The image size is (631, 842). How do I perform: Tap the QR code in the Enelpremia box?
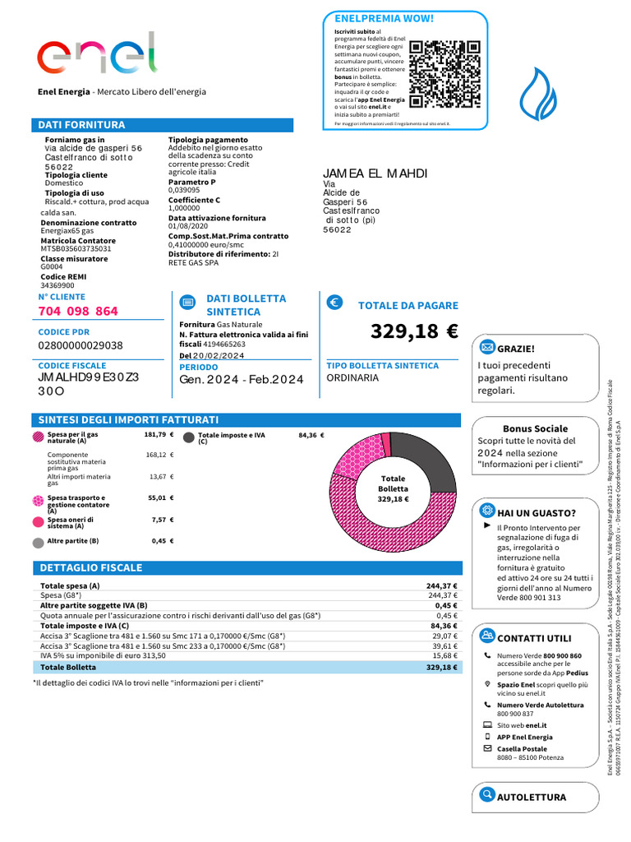pos(444,75)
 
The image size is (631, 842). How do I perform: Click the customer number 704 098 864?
pos(78,312)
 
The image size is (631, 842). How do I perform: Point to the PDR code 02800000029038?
pos(81,346)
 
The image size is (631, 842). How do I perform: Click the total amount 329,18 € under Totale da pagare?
pos(413,332)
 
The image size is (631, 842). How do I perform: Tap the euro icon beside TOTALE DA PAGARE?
pos(334,303)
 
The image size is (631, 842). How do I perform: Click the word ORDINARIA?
pos(352,378)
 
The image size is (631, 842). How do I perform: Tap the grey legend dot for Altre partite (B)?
pos(38,543)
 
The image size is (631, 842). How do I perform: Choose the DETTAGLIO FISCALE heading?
pos(91,568)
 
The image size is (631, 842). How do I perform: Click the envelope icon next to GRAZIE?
pos(487,348)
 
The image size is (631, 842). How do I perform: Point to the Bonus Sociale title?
pos(535,428)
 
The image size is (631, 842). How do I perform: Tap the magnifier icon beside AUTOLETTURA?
pos(487,796)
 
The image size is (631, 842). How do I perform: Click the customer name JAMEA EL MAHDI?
pos(375,173)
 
